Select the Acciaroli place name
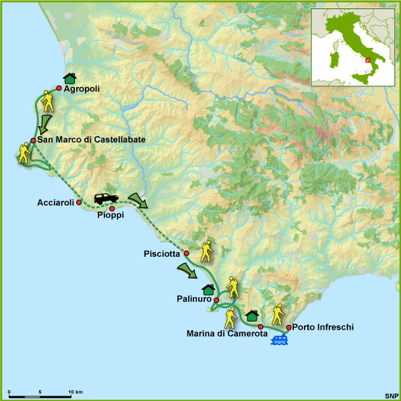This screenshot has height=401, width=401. coord(55,202)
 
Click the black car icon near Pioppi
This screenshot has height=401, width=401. coord(106,199)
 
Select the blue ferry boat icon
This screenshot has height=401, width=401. coord(280,340)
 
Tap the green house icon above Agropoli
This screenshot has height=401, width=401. coord(70,78)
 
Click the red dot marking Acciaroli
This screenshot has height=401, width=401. coord(79,202)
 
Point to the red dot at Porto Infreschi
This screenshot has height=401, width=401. coord(288,328)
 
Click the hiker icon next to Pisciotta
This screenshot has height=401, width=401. coord(207,251)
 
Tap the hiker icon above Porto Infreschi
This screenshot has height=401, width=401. coord(278,314)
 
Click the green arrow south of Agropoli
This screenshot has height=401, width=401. coord(45,123)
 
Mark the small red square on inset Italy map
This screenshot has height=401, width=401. coord(367,60)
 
